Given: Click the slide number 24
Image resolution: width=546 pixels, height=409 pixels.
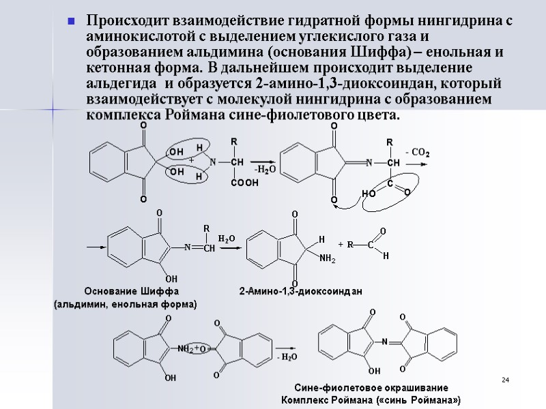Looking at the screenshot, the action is point(506,379).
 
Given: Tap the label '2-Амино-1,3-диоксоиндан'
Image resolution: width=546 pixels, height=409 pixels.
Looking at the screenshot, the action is point(300,291).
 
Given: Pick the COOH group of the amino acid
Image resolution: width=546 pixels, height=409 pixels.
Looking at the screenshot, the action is point(244,183).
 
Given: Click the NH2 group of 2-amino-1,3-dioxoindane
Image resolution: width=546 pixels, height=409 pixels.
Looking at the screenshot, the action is point(328,258).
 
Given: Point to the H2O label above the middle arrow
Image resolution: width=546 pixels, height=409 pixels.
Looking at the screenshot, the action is point(226,238).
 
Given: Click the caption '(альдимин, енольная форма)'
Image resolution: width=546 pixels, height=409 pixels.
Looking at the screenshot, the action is point(125,304).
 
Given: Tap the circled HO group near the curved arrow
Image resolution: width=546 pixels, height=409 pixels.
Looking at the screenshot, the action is point(369,194).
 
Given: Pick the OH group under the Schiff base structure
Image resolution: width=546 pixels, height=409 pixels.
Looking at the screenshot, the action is point(171,278).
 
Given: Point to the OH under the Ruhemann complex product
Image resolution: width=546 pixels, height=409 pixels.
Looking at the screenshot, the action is point(373,371).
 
